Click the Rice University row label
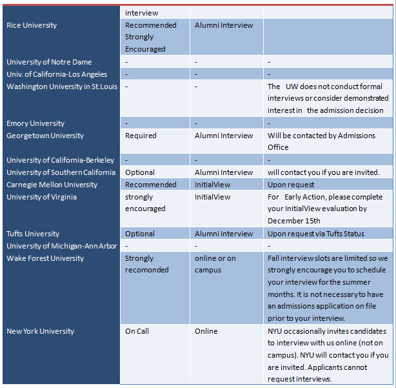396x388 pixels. (32, 25)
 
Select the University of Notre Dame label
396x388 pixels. (49, 62)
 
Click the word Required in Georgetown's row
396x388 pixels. (141, 136)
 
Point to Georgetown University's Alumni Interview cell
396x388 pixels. (224, 136)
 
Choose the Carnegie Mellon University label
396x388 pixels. (52, 185)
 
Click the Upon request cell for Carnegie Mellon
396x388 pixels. (291, 185)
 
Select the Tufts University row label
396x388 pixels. (33, 234)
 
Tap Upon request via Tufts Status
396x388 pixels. (316, 234)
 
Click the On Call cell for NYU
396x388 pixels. (137, 331)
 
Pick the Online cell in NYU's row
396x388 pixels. (206, 331)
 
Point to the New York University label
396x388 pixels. (40, 331)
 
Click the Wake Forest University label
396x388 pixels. (45, 258)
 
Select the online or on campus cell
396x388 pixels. (215, 264)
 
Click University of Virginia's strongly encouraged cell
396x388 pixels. (145, 203)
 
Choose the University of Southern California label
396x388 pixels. (61, 172)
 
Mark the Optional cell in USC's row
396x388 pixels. (140, 172)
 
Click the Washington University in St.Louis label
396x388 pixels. (62, 87)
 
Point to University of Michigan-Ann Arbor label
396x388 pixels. (62, 246)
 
